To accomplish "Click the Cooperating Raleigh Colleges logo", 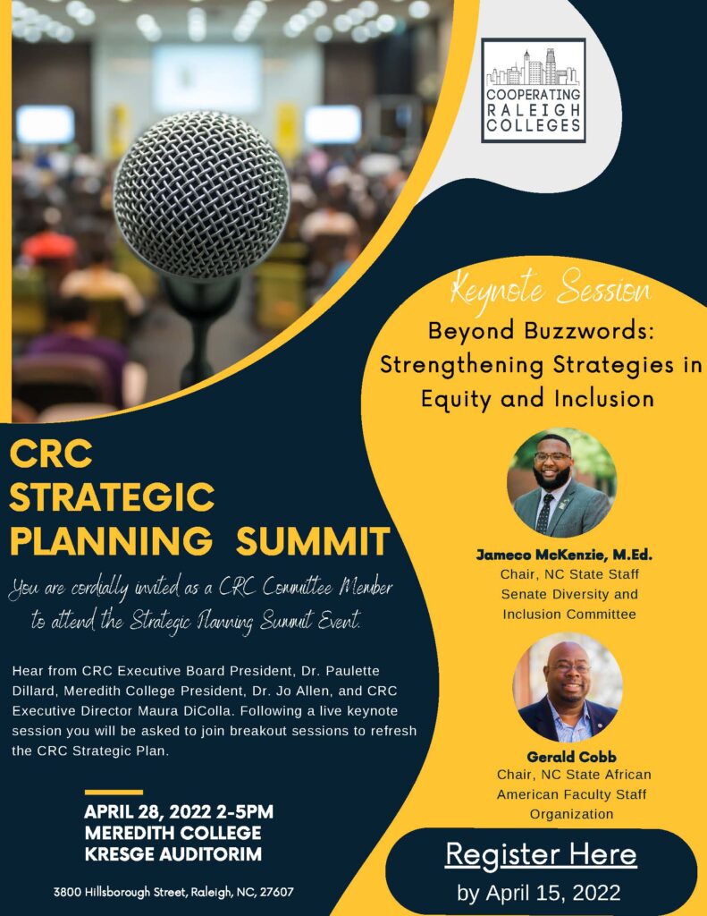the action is coord(533,90).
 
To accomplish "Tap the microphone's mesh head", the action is coord(201,194).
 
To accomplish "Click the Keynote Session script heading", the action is coord(551,288).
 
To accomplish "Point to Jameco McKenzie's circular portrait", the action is coord(561,483).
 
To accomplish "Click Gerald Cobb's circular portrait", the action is coord(568,688).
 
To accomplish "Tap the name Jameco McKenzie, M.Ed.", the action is coord(564,555).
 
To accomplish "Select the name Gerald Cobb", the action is coord(571,757).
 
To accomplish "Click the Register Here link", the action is coord(541,855).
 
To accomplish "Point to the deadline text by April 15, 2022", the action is coord(539,893).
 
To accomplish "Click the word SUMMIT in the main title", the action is coord(313,541).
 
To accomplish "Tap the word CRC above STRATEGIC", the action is coord(51,454).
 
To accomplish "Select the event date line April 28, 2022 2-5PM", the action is coord(179,812).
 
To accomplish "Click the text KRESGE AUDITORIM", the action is coord(173,854).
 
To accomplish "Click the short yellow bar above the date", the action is coord(114,793).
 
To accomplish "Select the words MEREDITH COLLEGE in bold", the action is coord(173,833).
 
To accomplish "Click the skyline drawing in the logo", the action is coord(533,67).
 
